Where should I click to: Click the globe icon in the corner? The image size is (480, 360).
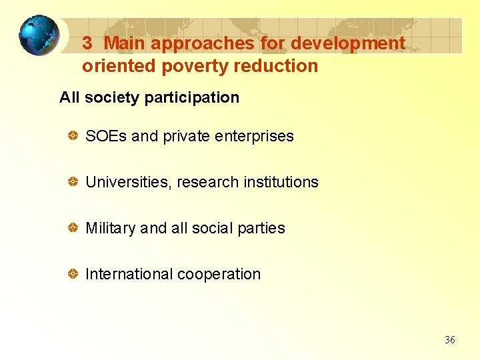[38, 35]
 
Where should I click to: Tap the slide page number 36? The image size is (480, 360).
[450, 340]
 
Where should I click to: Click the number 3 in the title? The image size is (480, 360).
[87, 43]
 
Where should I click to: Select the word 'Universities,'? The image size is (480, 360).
[129, 182]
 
